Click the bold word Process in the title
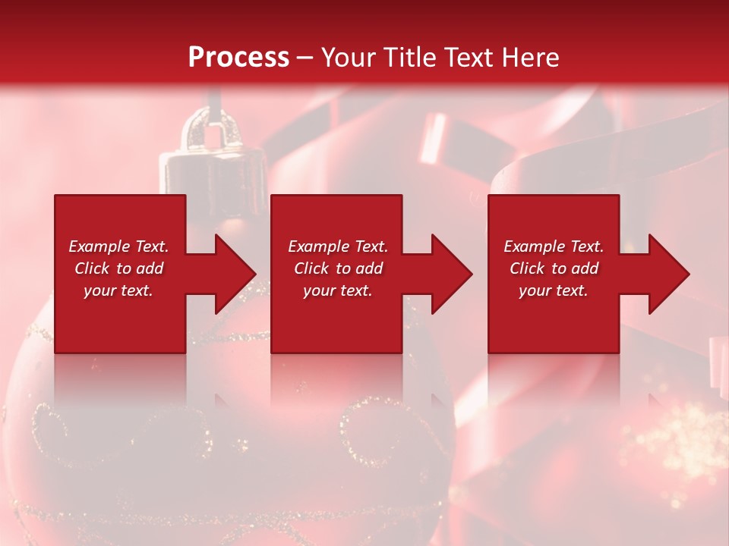pos(238,58)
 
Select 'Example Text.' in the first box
pos(118,246)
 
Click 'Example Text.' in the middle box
pos(338,246)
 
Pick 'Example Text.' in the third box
pos(554,246)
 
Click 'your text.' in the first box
pos(118,290)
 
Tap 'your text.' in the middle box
pos(338,290)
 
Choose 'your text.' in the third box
pos(554,290)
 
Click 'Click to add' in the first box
pos(118,268)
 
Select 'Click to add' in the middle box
pos(338,268)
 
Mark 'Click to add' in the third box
pos(554,268)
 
